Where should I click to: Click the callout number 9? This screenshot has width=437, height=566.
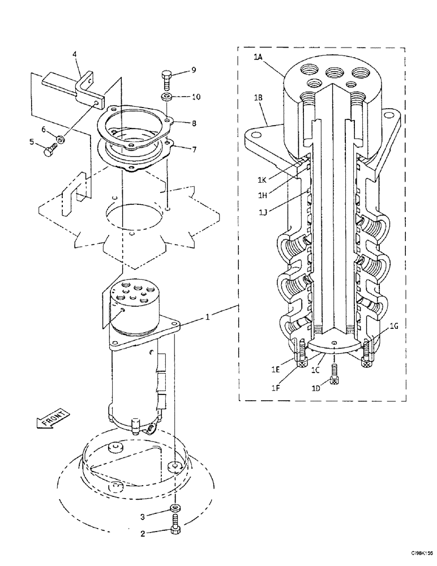click(194, 70)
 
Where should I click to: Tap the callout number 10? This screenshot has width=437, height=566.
click(195, 97)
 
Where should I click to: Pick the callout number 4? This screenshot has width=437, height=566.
click(74, 54)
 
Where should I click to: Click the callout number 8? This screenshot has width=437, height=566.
click(194, 122)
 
